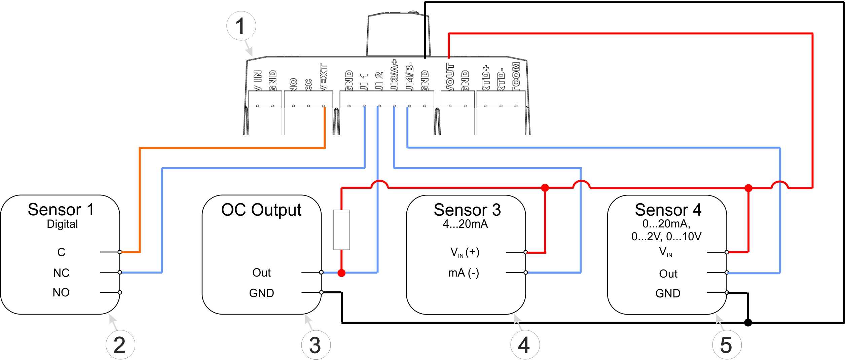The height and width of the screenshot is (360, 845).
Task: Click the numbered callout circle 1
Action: (x=241, y=26)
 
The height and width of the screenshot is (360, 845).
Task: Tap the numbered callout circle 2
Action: (x=120, y=345)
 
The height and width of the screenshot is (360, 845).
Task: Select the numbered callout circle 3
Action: (x=316, y=345)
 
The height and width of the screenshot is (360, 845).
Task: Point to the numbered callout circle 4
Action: (x=525, y=345)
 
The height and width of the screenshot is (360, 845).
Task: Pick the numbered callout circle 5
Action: (x=727, y=345)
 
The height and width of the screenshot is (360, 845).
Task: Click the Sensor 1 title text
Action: (x=61, y=210)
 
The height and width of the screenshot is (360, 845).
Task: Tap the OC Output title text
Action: (x=261, y=210)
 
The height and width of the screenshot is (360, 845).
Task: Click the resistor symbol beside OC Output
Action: (x=341, y=230)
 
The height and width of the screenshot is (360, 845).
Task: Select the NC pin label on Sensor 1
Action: (x=61, y=273)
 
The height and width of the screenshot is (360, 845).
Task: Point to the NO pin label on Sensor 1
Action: (x=61, y=292)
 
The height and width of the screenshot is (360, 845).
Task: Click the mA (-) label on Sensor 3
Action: (x=463, y=273)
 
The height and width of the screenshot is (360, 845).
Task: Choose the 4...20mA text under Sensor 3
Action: (x=465, y=224)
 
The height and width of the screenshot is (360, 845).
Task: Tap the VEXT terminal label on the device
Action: (x=324, y=77)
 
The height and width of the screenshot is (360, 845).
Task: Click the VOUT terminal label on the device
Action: (x=450, y=77)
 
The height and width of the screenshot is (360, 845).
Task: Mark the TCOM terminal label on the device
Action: (x=516, y=76)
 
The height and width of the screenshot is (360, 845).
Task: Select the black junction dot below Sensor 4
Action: (x=748, y=323)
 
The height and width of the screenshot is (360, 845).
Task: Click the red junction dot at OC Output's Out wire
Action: (x=341, y=273)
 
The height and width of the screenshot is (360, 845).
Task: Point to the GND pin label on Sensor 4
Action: (x=668, y=293)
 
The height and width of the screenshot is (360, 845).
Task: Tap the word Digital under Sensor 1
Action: (x=62, y=224)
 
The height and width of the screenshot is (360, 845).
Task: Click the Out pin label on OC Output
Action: (x=261, y=273)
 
